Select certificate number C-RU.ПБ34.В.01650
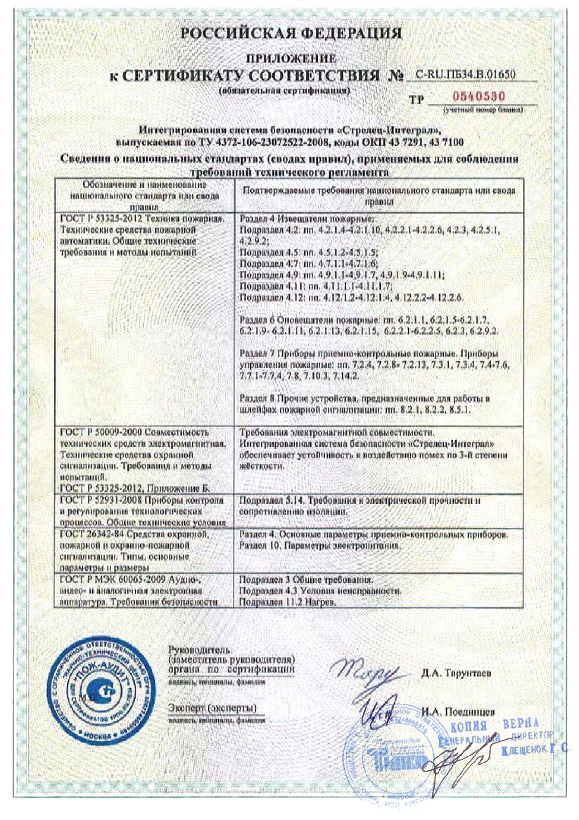[x=466, y=74]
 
